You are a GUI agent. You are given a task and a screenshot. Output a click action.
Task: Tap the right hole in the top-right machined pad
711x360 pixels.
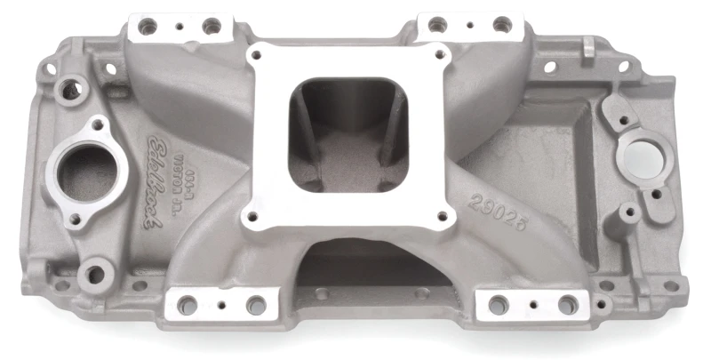(502, 24)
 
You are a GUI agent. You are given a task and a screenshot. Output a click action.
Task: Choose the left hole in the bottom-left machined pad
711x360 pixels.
(188, 305)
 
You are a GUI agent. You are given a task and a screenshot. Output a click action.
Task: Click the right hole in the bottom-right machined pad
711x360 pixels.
(567, 305)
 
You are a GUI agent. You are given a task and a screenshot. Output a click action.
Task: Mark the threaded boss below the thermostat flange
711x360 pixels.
(92, 271)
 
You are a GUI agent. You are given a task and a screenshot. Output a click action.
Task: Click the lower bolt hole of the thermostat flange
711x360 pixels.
(75, 218)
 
